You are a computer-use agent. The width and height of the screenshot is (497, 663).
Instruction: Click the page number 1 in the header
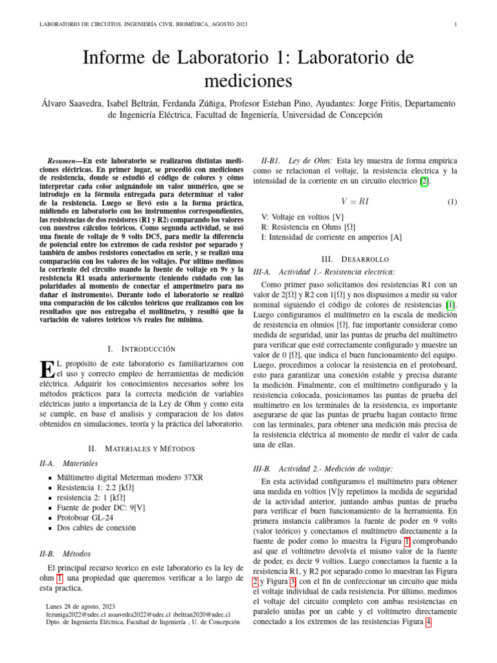(x=456, y=25)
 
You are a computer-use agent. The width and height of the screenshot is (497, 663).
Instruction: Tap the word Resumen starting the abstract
(x=65, y=160)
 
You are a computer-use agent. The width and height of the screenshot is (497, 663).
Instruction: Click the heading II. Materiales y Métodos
(x=141, y=448)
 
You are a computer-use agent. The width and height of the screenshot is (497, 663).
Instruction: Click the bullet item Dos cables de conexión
(x=96, y=528)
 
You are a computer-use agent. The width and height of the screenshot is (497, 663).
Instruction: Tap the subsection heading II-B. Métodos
(x=65, y=554)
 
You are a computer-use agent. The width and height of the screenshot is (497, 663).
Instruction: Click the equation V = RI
(x=355, y=201)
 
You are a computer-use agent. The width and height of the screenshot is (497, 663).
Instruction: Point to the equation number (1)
(x=452, y=201)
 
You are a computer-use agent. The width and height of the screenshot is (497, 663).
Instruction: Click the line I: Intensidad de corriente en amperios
(x=331, y=238)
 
